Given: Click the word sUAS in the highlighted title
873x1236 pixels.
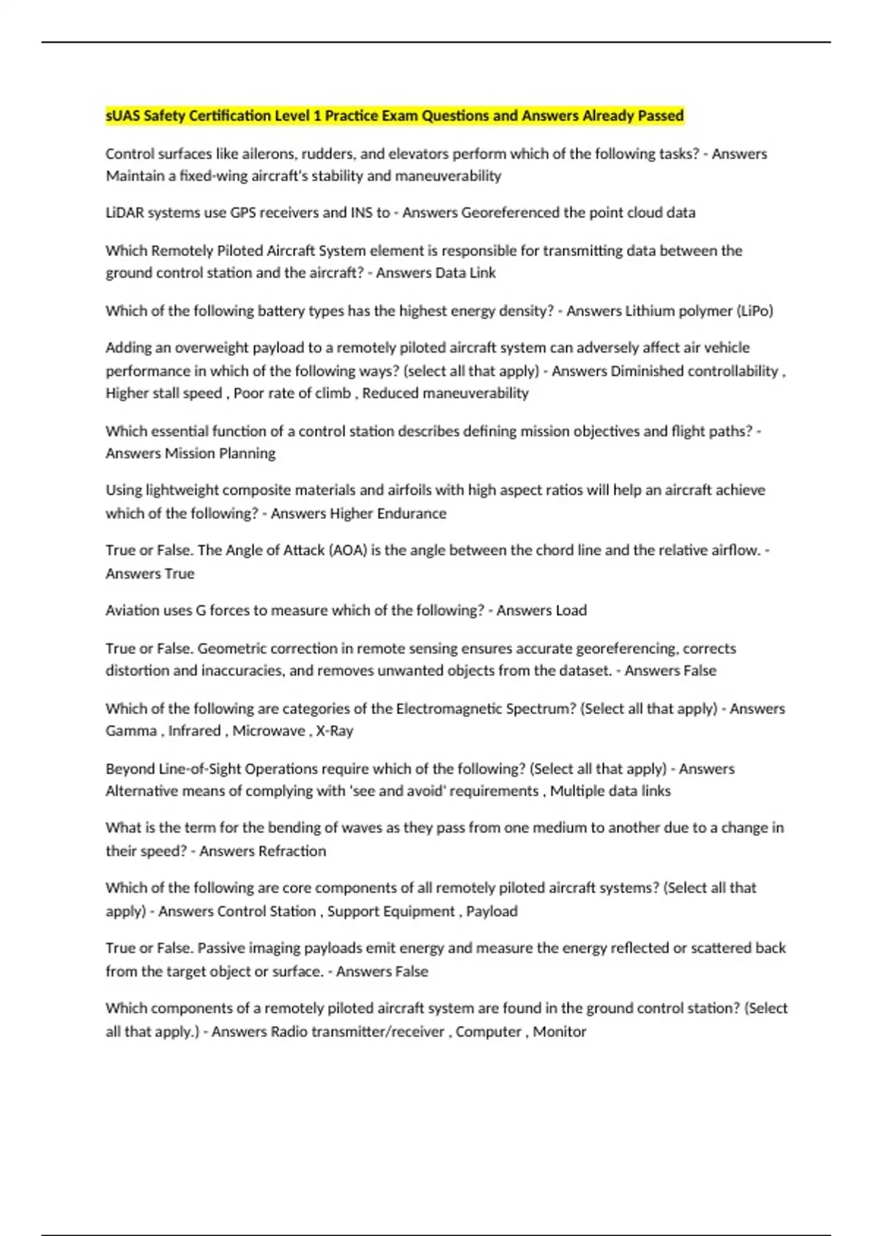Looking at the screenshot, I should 123,116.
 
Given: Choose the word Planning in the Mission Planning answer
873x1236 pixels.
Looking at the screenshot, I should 247,453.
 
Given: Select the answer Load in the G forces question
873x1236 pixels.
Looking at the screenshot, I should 571,610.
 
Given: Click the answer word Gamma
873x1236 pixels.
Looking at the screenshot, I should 131,731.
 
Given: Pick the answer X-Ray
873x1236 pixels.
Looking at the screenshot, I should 335,731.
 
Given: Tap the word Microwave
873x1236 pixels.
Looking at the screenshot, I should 268,731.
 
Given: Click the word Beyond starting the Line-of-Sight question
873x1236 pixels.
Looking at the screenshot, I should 130,769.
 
